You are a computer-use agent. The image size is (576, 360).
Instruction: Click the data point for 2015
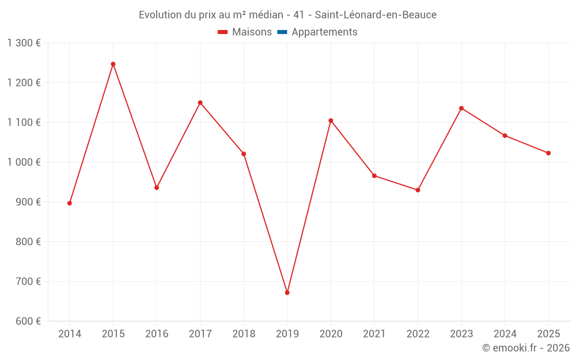[113, 64]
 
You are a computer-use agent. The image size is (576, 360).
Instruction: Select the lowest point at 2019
[287, 293]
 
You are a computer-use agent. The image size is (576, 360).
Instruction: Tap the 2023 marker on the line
[461, 108]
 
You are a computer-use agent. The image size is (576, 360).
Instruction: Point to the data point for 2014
[70, 203]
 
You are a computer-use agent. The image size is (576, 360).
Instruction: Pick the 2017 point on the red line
[200, 103]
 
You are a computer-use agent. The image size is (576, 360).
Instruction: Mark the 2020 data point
[331, 120]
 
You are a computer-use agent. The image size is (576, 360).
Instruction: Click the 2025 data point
[548, 153]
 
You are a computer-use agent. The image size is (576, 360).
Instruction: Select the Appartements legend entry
[324, 32]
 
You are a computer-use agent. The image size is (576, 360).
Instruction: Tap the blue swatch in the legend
[282, 32]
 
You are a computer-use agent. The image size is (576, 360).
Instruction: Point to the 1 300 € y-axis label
[24, 43]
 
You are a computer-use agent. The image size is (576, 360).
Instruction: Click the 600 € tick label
[27, 321]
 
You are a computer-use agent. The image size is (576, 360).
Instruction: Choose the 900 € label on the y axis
[27, 202]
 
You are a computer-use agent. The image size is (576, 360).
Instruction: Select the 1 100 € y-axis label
[24, 123]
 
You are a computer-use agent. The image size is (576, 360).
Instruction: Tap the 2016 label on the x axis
[157, 334]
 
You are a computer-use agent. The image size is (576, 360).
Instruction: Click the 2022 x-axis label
[418, 334]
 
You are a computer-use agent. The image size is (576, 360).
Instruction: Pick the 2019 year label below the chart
[287, 334]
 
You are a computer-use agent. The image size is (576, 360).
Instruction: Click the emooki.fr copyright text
[526, 348]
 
